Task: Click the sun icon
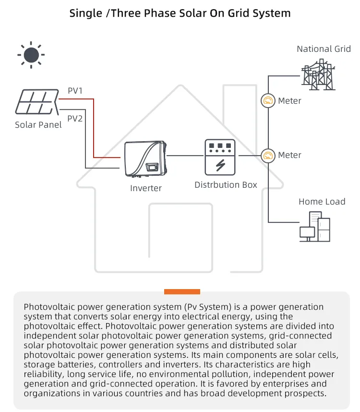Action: point(31,55)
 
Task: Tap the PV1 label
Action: point(75,90)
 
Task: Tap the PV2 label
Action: point(75,118)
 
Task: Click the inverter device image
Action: point(145,159)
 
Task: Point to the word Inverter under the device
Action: point(146,188)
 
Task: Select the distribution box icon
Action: point(220,158)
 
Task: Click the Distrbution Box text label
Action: point(226,184)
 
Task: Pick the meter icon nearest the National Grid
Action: point(268,101)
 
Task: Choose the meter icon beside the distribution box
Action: point(268,155)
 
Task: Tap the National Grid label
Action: point(324,49)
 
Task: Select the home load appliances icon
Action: point(315,227)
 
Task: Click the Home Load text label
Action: point(322,202)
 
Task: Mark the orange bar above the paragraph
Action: point(182,291)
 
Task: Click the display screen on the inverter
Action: point(153,167)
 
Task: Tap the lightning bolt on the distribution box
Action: point(220,165)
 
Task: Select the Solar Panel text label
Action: point(38,125)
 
